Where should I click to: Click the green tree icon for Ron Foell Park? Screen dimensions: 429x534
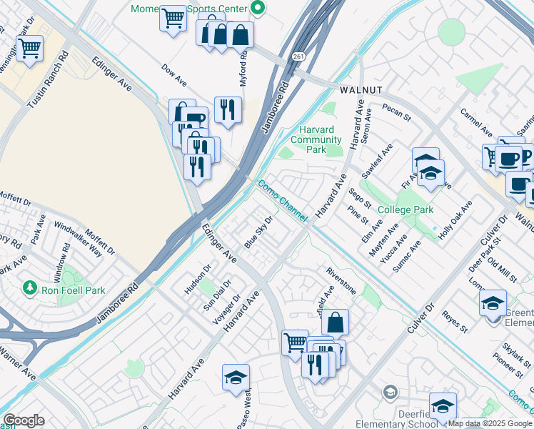[x=29, y=287]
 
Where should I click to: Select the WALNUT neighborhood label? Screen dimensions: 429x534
[x=361, y=90]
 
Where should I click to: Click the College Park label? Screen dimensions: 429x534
[x=405, y=209]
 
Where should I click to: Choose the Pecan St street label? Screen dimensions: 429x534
[x=397, y=112]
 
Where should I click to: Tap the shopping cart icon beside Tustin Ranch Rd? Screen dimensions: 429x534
[x=29, y=49]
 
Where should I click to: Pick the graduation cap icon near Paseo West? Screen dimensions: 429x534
[x=236, y=377]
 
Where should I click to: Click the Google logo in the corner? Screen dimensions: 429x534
[x=24, y=420]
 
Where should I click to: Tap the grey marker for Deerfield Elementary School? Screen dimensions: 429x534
[x=390, y=392]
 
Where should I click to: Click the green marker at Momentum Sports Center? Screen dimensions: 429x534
[x=258, y=9]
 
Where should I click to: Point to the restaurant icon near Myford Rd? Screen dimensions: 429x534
[x=228, y=109]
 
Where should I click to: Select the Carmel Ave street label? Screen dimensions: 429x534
[x=476, y=123]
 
